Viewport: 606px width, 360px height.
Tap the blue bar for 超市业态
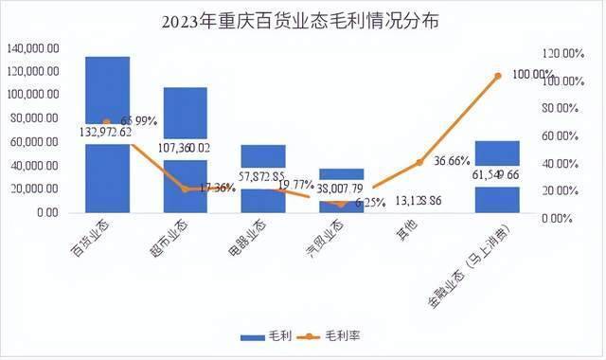pyautogui.click(x=186, y=114)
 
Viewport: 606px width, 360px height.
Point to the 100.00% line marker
pyautogui.click(x=497, y=75)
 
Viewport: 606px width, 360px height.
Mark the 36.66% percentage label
pyautogui.click(x=452, y=160)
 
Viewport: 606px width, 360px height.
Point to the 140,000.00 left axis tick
pyautogui.click(x=34, y=47)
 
